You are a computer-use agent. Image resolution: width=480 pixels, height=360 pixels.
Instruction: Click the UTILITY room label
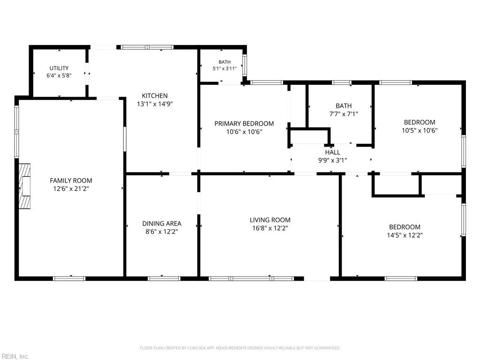(59, 68)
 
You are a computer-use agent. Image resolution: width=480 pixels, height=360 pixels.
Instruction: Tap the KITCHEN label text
(155, 96)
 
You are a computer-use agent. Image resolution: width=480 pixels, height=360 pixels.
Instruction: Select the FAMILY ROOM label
(71, 180)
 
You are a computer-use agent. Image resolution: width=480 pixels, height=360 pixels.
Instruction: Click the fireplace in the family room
(24, 186)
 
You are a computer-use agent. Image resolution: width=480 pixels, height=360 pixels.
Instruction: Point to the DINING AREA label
(162, 224)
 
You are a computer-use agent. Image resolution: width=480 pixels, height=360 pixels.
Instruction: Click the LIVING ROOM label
(270, 220)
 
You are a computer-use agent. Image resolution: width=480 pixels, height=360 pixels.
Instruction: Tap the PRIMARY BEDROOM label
(244, 124)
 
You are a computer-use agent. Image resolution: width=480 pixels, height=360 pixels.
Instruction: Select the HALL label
(332, 152)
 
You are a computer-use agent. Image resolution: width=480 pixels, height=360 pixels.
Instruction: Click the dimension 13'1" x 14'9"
(155, 104)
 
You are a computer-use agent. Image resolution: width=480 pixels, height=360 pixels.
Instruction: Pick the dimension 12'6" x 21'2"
(71, 189)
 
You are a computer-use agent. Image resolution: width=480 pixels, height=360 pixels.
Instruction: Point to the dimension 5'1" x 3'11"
(225, 68)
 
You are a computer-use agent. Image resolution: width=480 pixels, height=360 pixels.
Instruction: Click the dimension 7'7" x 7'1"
(344, 114)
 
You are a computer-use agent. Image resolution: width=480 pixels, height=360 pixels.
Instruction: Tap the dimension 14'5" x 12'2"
(405, 235)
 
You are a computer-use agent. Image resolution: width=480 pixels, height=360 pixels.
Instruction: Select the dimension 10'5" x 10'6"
(420, 130)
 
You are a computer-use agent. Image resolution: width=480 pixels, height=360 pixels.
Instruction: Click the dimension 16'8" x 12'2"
(270, 228)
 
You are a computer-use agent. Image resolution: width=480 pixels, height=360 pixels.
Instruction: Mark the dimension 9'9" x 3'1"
(332, 160)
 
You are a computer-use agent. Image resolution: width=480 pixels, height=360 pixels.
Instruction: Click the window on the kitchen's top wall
(147, 47)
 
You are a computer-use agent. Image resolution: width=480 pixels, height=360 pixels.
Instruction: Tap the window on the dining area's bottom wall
(164, 278)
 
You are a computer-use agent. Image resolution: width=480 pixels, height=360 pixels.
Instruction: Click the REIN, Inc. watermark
(15, 356)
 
